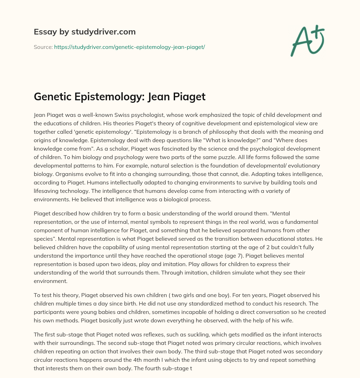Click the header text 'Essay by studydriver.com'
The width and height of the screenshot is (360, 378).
pos(84,32)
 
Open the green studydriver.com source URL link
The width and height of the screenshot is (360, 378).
pos(129,46)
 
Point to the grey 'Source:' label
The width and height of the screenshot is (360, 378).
pos(43,46)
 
